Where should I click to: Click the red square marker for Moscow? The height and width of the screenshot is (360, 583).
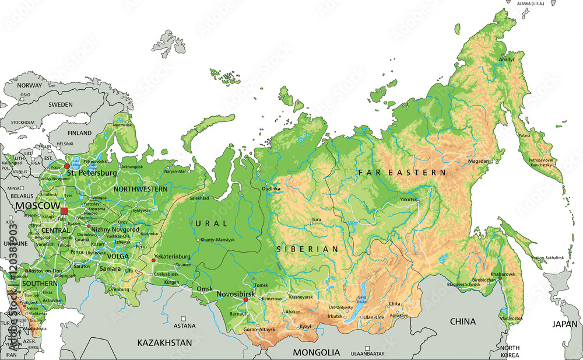click(x=64, y=211)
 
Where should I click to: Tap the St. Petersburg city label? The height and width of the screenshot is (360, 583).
click(x=92, y=173)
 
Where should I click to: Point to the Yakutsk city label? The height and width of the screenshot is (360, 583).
click(x=409, y=200)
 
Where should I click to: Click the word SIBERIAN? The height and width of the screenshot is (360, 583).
click(x=307, y=249)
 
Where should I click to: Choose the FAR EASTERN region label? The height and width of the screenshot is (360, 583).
click(x=402, y=173)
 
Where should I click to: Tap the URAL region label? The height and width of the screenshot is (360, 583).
click(x=209, y=223)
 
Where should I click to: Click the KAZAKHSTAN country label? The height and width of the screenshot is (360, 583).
click(x=164, y=343)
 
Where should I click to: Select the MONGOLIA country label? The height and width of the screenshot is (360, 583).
click(x=316, y=352)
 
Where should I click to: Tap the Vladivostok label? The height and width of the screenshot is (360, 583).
click(x=511, y=319)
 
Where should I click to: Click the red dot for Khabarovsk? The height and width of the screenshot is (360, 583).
click(x=500, y=278)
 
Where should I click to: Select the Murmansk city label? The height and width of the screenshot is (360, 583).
click(x=122, y=125)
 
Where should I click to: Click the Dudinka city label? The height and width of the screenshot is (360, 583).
click(x=271, y=188)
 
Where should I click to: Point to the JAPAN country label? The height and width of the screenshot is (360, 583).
click(x=564, y=324)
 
